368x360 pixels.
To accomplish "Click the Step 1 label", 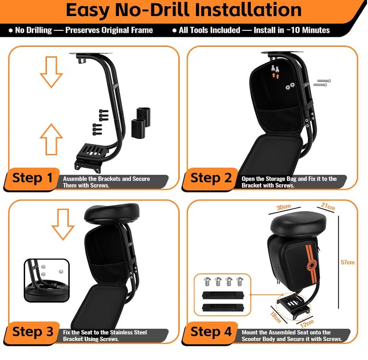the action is tap(32, 178).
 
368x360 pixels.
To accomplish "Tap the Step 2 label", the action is tap(211, 178).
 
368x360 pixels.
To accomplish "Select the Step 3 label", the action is tap(33, 332).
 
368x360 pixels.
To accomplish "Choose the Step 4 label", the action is tap(211, 332).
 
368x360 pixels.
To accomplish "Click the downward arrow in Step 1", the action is tap(51, 72).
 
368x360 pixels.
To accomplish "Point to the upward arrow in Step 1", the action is tap(51, 139).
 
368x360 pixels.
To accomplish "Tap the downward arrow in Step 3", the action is tap(63, 225).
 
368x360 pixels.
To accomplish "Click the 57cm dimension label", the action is tap(348, 262).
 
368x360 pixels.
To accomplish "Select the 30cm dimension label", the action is tap(284, 207).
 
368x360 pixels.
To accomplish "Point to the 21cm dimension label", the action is tap(328, 206).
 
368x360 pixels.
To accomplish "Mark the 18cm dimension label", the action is tap(276, 317).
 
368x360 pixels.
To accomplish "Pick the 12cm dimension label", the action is tap(307, 324).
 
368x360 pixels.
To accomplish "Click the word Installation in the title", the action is tap(248, 10).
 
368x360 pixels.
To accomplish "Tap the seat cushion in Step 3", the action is tap(111, 214).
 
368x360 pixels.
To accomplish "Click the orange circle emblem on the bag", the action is tap(312, 266).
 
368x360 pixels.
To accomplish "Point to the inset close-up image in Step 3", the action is tap(46, 280).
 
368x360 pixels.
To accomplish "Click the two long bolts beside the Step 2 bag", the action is tap(322, 83).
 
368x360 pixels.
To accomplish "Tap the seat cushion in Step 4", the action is tap(298, 225).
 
